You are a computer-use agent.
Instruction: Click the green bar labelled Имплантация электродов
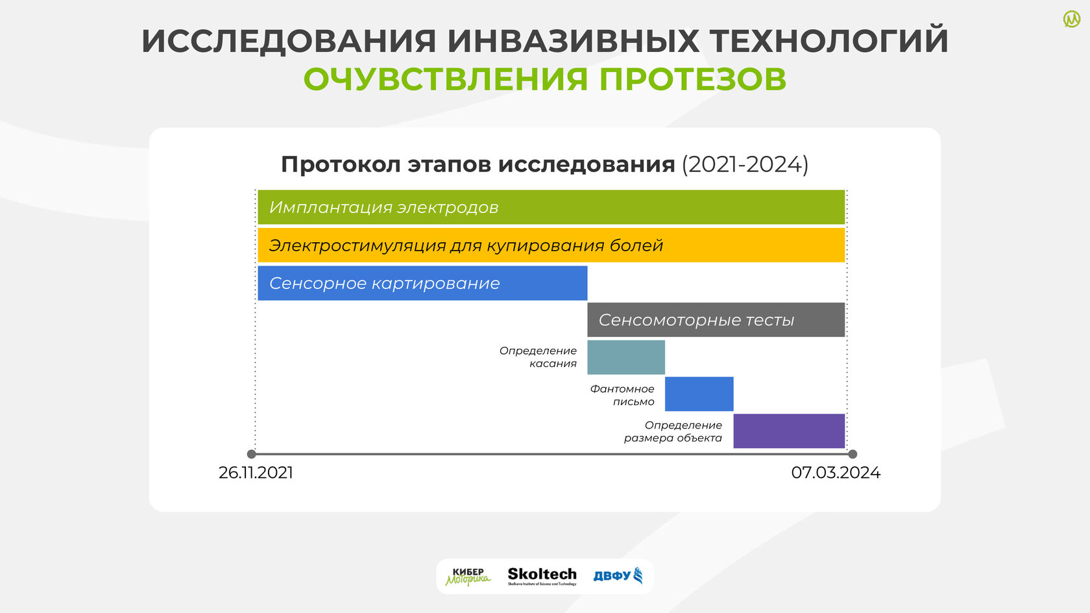551,207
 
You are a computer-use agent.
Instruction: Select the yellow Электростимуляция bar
551,245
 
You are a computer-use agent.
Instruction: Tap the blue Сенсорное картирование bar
422,283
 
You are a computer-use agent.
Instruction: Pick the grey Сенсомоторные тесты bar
716,319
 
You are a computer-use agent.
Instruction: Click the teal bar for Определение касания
625,357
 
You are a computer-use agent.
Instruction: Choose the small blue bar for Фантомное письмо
699,394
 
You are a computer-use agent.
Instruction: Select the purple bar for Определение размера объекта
789,431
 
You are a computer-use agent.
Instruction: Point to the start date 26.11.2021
256,473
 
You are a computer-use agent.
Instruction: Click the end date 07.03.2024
836,473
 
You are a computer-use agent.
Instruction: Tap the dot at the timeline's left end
252,455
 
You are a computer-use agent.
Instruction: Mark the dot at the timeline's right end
853,455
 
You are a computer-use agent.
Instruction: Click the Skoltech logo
542,576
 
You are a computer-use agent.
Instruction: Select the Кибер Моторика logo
468,577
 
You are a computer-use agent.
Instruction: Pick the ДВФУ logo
618,575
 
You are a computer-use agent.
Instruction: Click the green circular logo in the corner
1072,19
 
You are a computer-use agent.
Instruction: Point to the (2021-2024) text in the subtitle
745,164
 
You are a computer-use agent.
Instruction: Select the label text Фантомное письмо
622,395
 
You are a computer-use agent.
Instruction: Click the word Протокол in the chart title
341,164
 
